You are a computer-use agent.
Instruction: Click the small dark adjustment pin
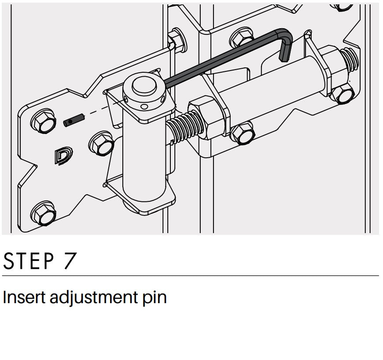click(74, 120)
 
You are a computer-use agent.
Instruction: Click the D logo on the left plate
click(63, 155)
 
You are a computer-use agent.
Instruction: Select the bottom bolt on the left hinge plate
click(44, 214)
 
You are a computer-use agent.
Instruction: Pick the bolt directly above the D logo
click(44, 121)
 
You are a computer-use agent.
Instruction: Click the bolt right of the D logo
click(101, 144)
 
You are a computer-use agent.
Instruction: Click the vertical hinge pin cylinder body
click(144, 156)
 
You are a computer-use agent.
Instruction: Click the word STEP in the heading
click(29, 261)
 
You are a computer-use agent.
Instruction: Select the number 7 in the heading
click(70, 261)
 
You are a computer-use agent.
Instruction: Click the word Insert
click(24, 297)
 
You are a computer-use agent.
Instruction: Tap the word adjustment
click(94, 297)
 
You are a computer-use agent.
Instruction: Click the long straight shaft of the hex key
click(222, 59)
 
